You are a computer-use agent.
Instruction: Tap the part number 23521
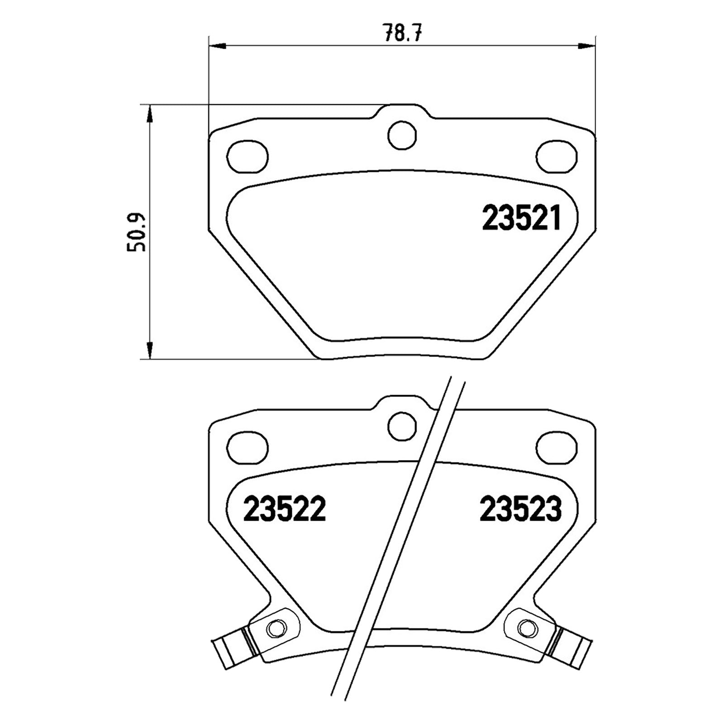pyautogui.click(x=522, y=218)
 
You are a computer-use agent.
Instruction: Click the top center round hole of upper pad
pyautogui.click(x=402, y=133)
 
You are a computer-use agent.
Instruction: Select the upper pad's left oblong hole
pyautogui.click(x=248, y=157)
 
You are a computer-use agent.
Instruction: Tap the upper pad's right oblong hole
pyautogui.click(x=557, y=157)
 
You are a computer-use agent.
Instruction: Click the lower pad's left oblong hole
pyautogui.click(x=248, y=448)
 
